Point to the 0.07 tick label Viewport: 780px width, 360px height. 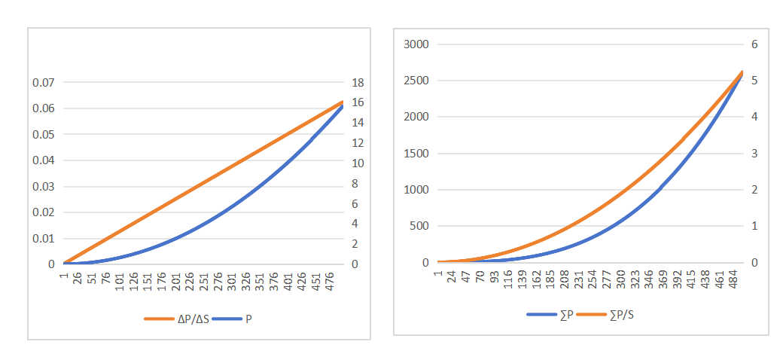(x=44, y=82)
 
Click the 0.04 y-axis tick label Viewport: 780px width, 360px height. (x=44, y=160)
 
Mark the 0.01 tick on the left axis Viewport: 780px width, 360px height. (x=44, y=239)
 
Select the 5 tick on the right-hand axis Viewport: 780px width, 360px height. (x=754, y=81)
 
